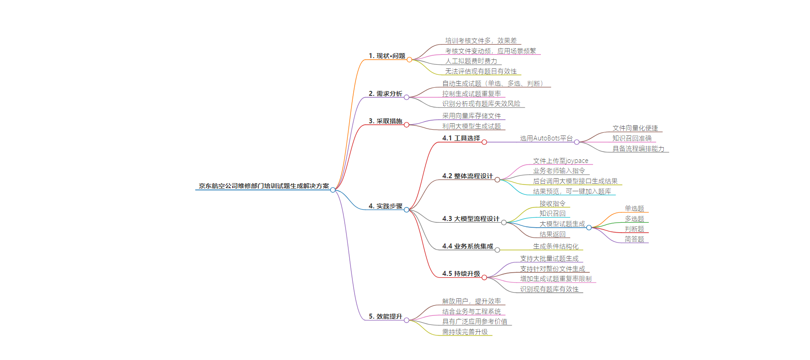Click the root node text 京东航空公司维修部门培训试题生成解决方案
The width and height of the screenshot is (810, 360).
pos(264,186)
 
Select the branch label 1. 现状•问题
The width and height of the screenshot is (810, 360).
pos(387,56)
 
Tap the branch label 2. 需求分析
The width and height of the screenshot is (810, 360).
pos(385,94)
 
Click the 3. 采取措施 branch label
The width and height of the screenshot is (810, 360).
pos(385,121)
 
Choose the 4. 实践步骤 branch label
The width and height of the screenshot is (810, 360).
pos(385,206)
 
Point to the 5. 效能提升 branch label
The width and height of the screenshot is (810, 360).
pos(385,316)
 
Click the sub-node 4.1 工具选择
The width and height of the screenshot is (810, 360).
pos(461,138)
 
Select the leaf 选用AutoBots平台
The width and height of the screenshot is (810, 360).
pos(546,138)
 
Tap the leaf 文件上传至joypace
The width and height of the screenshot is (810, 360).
pos(560,161)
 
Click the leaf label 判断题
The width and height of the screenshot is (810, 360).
pos(634,229)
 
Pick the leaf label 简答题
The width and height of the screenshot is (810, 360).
pos(634,239)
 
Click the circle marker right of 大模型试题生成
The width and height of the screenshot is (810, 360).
pos(589,228)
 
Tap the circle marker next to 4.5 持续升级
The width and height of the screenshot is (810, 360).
pos(484,277)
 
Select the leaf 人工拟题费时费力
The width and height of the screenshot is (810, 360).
pos(471,61)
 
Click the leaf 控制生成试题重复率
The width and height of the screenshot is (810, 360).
pos(471,94)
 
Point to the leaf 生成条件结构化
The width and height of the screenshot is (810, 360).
pos(556,246)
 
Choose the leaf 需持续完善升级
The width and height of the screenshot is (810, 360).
pos(465,332)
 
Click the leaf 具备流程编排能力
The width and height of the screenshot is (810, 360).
pos(638,148)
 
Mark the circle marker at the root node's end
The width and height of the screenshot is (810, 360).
pos(333,190)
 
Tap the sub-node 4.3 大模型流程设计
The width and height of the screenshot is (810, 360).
pos(471,219)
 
